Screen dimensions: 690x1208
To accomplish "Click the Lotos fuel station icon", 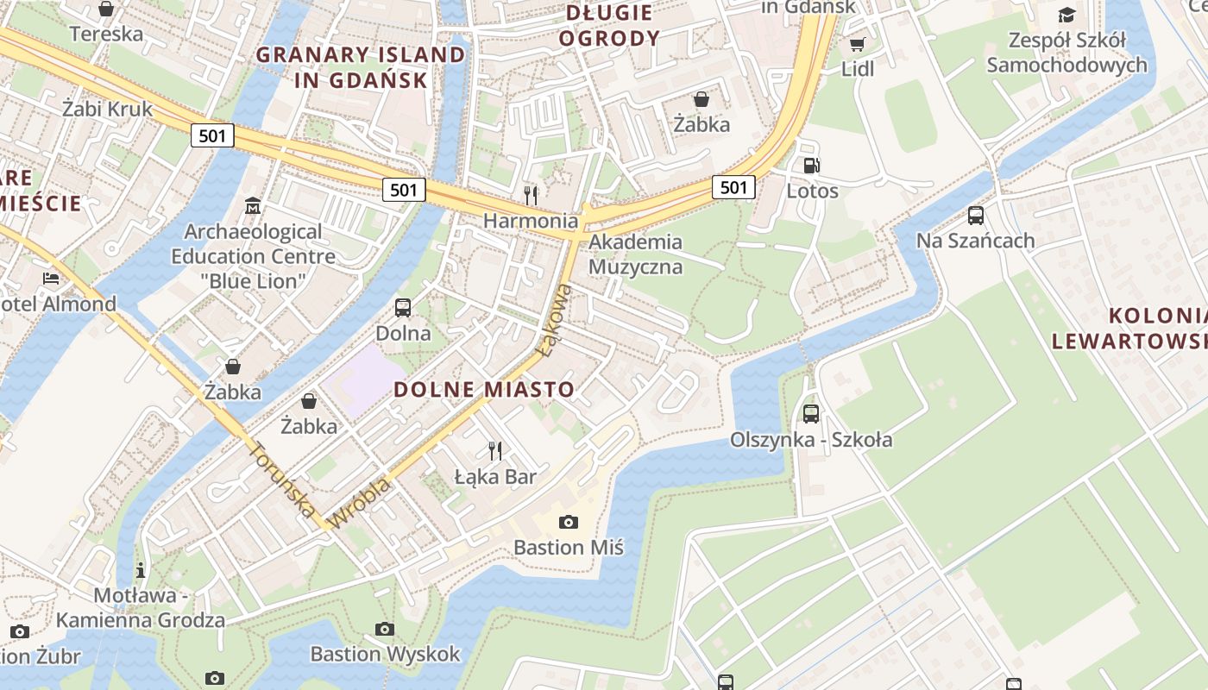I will pos(811,166).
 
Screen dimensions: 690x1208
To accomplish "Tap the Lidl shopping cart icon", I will pos(857,44).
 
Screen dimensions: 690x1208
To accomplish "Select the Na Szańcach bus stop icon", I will pos(976,216).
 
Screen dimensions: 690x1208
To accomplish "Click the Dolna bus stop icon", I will pos(403,308).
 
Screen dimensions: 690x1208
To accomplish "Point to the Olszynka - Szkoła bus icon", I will pos(811,414).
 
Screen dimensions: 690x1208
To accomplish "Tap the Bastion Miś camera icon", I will pos(568,522).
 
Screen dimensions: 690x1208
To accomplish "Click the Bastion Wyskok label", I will pos(386,654).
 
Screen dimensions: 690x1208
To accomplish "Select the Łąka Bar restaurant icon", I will pos(495,450).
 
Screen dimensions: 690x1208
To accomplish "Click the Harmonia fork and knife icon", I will pos(531,196).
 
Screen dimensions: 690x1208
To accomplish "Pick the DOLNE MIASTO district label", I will pos(484,389).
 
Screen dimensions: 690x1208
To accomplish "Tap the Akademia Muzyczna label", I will pos(635,254).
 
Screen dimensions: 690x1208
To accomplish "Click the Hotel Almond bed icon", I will pos(51,279).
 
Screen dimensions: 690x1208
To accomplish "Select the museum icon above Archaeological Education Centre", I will pos(253,206).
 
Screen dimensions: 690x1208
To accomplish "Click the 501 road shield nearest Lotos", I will pos(733,187).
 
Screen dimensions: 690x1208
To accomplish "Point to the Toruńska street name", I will pos(282,480).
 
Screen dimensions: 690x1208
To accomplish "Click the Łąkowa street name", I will pos(554,321).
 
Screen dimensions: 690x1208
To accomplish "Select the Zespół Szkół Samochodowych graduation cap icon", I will pos(1066,15).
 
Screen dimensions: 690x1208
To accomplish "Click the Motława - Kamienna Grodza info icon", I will pos(141,570).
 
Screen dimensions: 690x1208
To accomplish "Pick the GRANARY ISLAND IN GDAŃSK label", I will pos(361,67).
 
